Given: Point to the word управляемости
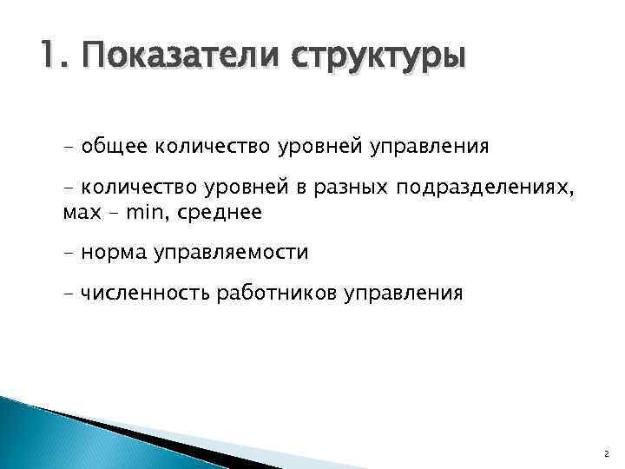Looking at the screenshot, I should pos(231,254).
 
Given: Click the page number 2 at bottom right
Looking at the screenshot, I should pos(605,452).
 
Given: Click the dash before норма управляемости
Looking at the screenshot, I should pos(69,253).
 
